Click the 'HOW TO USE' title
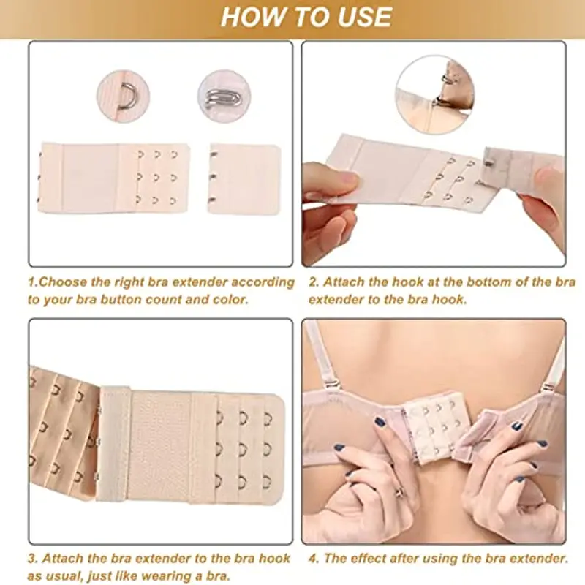point(306,17)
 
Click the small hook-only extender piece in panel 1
point(244,178)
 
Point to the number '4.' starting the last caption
point(313,559)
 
